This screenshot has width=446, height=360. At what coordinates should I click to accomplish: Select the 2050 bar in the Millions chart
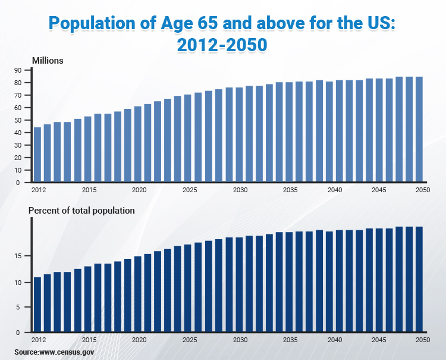[x=419, y=129]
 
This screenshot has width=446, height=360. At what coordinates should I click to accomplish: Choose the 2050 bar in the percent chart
[x=419, y=280]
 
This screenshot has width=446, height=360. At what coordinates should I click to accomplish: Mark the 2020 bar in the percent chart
[x=138, y=294]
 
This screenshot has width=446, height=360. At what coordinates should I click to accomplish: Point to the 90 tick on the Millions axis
[x=18, y=70]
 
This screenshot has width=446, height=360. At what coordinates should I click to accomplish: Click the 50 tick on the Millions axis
[x=18, y=120]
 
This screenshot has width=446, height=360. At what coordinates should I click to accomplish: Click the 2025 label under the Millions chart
[x=190, y=190]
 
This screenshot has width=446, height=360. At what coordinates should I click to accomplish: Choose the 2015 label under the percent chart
[x=90, y=340]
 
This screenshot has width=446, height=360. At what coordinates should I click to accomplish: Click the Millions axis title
[x=48, y=61]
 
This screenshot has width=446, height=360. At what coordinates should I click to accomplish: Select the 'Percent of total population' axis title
[x=81, y=211]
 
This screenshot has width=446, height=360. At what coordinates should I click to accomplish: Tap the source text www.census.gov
[x=67, y=352]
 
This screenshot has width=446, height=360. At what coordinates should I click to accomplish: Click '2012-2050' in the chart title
[x=222, y=45]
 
